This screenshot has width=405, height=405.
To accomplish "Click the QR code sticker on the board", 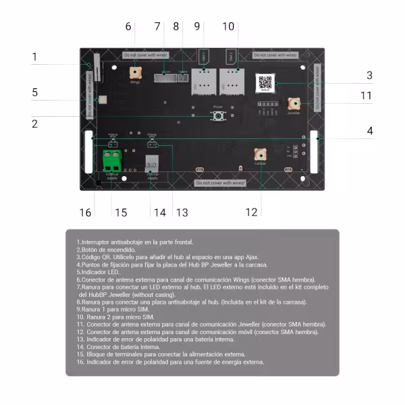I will coord(265,83).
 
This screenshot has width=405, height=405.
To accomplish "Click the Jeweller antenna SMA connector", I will coord(294,103).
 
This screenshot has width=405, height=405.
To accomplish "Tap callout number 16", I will coord(85,213).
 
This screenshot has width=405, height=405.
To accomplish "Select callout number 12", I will coord(251,213).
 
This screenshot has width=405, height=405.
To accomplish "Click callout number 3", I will coord(369,76).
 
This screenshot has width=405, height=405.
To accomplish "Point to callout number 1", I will coord(34,58).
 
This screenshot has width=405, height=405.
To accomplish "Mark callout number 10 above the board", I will coord(228,26).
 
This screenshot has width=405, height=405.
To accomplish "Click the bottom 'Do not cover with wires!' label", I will coord(220,183).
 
